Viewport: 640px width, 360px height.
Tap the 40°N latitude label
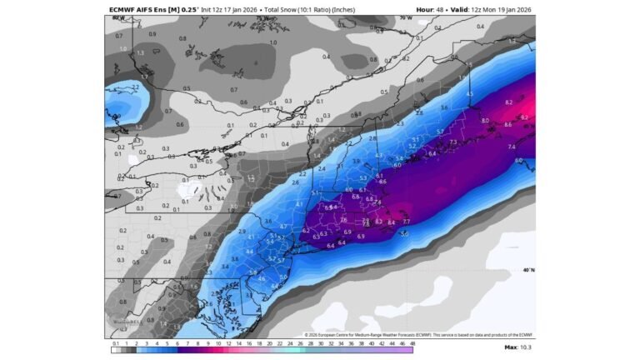pyautogui.click(x=527, y=270)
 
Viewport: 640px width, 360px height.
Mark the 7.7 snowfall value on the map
pyautogui.click(x=406, y=222)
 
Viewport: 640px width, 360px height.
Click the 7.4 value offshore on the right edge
pyautogui.click(x=511, y=147)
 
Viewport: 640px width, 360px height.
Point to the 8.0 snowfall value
pyautogui.click(x=485, y=120)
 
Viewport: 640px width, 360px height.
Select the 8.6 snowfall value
pyautogui.click(x=507, y=124)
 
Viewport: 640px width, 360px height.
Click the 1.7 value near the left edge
pyautogui.click(x=142, y=77)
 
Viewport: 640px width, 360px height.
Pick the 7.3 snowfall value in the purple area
pyautogui.click(x=452, y=142)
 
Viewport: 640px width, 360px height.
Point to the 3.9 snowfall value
pyautogui.click(x=356, y=161)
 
